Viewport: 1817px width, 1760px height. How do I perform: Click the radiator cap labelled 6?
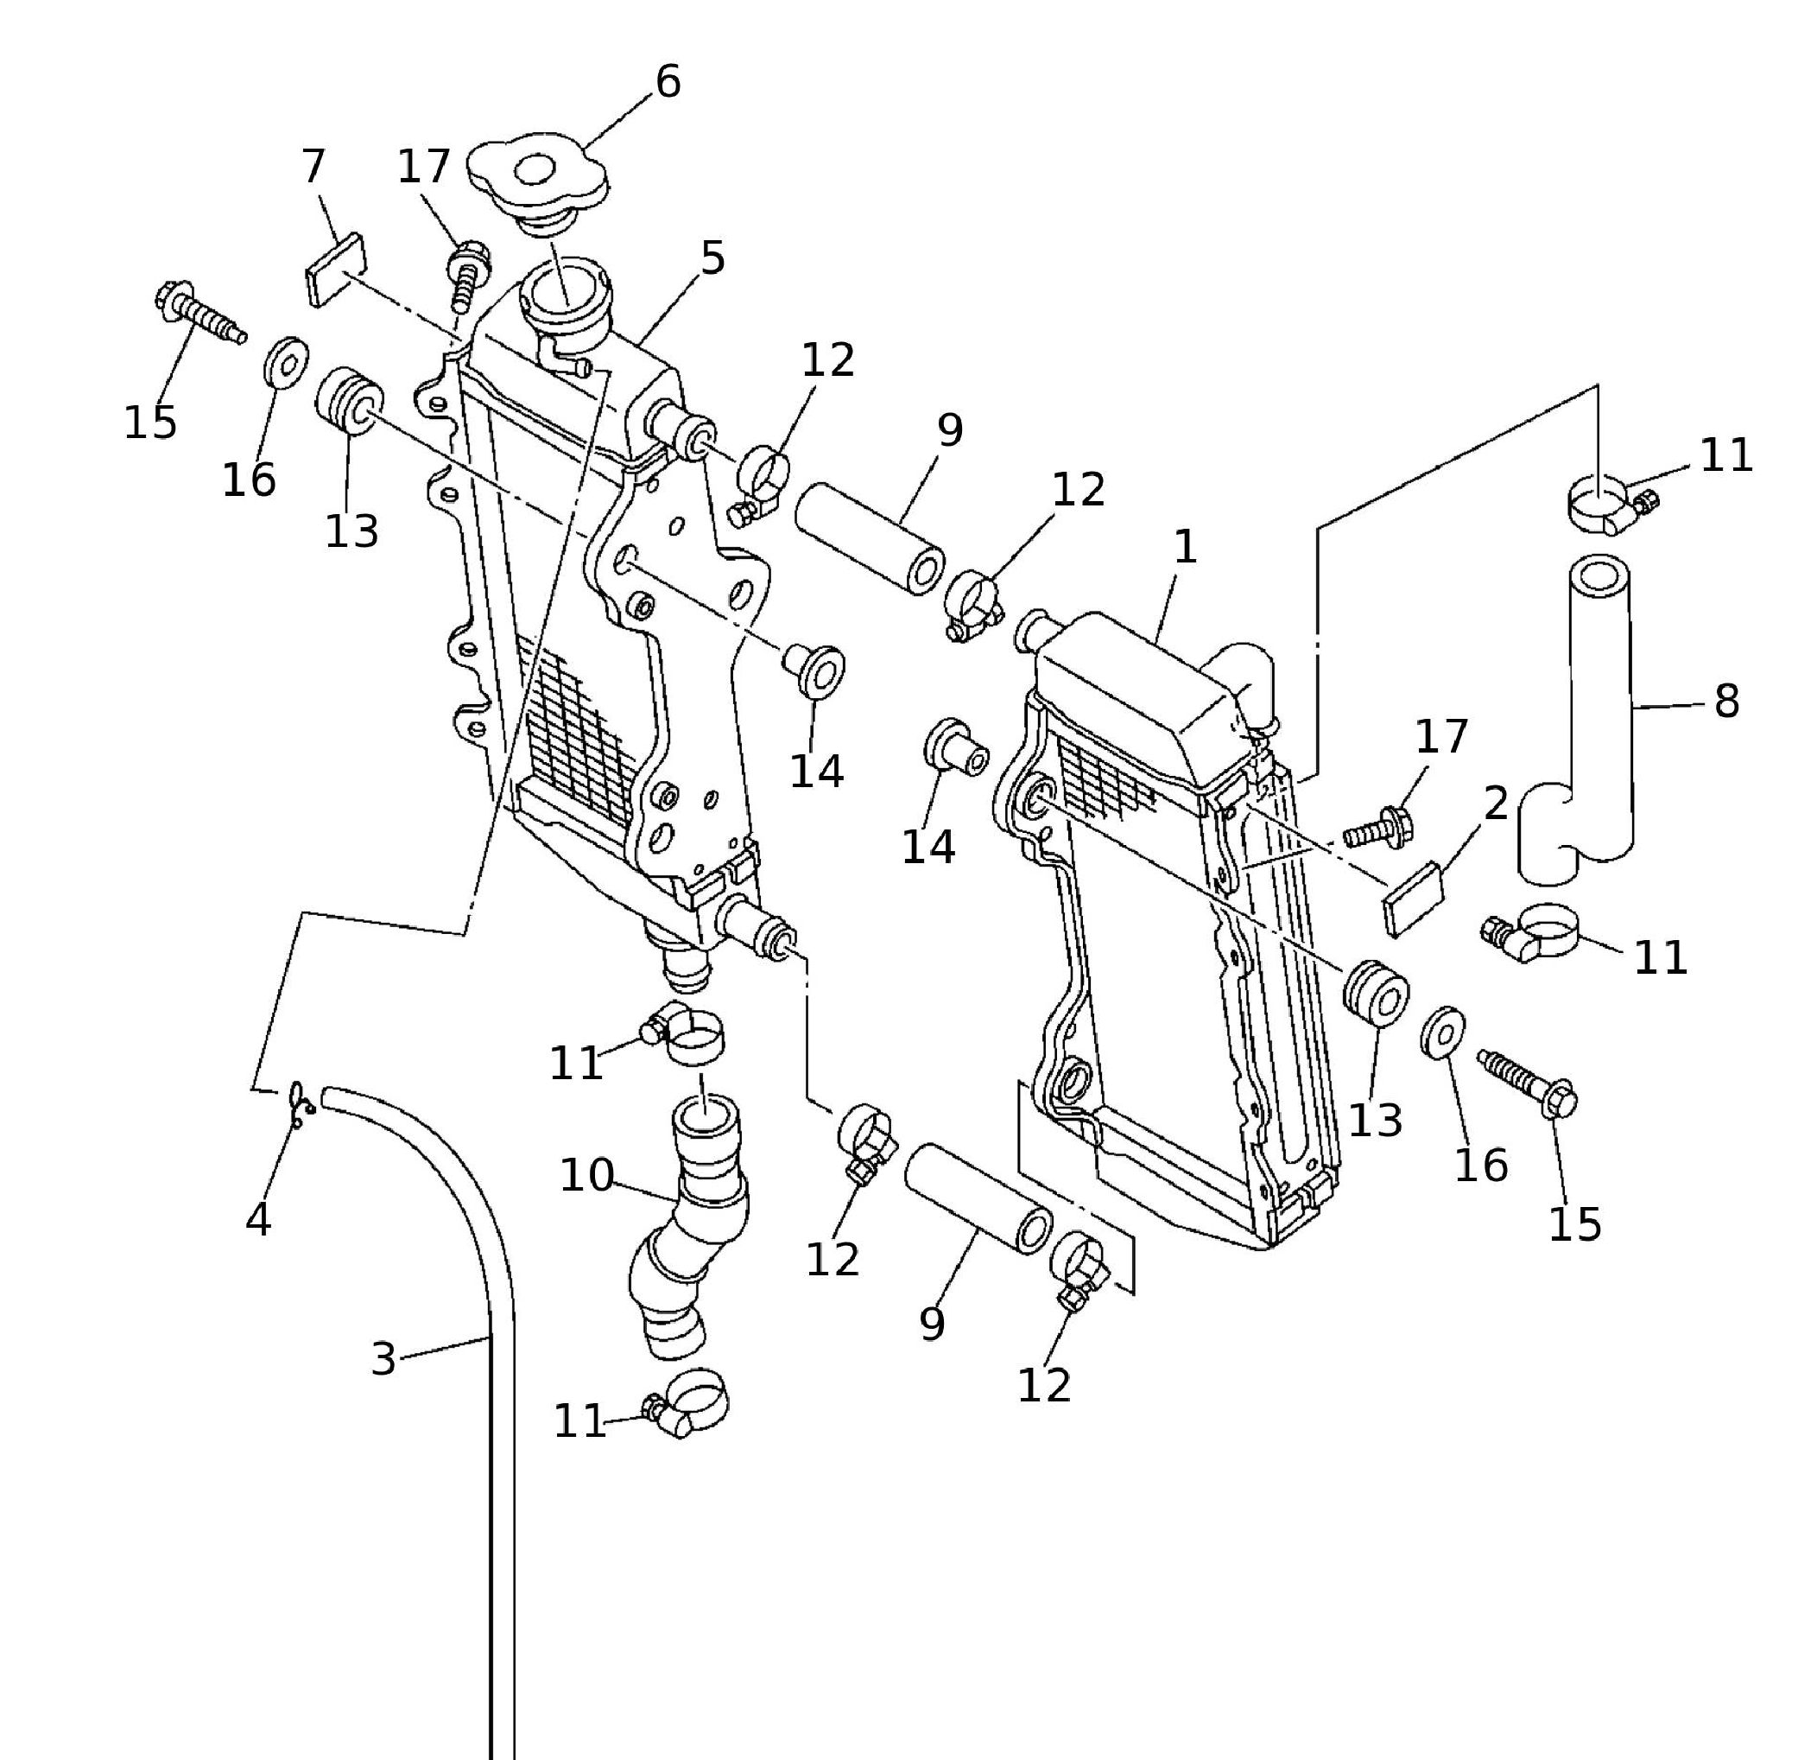[535, 176]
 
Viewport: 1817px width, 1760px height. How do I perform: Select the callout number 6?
[668, 81]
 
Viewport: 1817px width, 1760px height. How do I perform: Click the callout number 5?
[712, 257]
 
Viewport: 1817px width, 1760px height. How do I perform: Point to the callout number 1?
[1186, 548]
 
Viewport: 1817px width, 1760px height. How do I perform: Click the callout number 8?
[1726, 702]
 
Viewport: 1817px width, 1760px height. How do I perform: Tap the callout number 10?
[586, 1176]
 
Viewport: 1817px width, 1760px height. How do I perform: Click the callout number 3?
[383, 1359]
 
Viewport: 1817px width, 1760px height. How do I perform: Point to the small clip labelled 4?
[299, 1104]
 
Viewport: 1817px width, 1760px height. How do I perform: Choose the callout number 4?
[258, 1220]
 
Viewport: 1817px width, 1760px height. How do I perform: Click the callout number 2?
[1496, 803]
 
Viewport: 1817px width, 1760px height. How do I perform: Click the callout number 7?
[314, 167]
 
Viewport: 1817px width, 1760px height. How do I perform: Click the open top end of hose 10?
[706, 1114]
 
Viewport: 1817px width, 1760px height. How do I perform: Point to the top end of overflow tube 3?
[327, 1099]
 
